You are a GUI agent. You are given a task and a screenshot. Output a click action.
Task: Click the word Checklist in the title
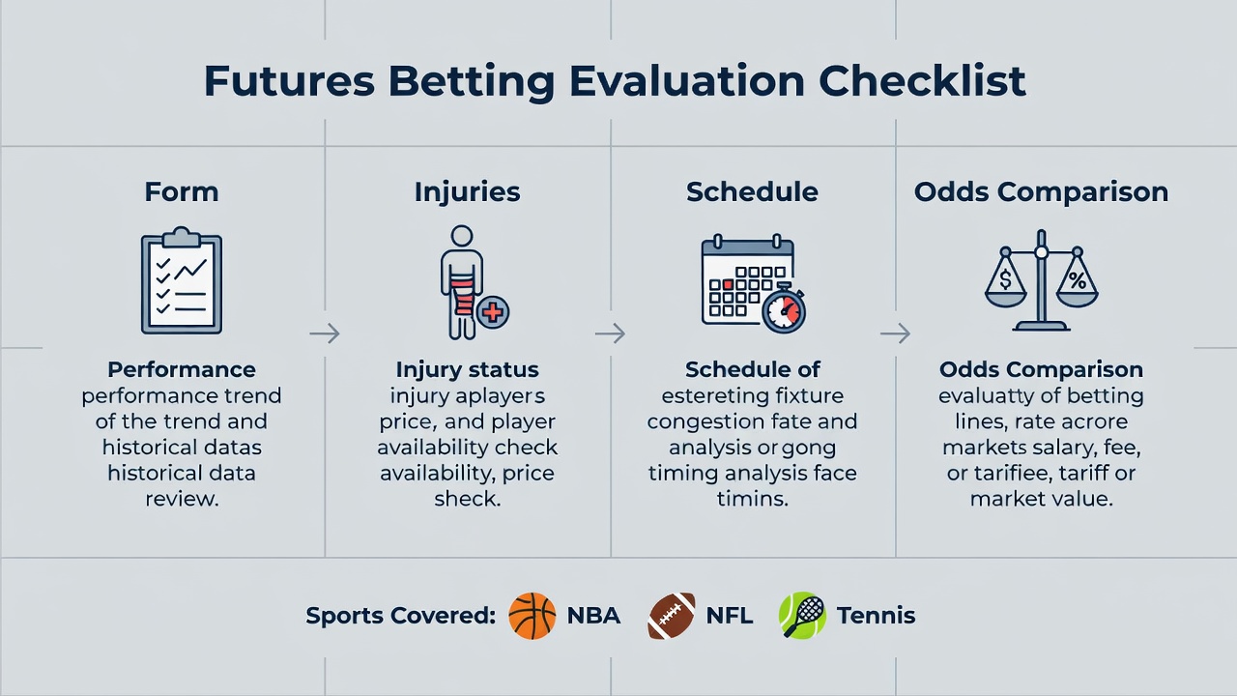[x=922, y=81]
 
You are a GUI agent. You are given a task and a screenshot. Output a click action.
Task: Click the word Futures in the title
[x=289, y=82]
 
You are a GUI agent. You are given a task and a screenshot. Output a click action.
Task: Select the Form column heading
[x=182, y=192]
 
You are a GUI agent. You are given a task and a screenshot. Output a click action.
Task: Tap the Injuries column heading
[x=467, y=192]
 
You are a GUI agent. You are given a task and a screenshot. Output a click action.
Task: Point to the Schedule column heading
[x=752, y=192]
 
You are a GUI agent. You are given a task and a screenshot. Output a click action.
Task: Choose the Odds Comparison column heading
[x=1041, y=192]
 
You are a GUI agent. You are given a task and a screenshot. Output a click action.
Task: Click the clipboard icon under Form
[x=182, y=280]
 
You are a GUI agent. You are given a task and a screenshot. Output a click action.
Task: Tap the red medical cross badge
[x=492, y=312]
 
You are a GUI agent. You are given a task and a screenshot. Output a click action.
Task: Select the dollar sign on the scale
[x=1006, y=279]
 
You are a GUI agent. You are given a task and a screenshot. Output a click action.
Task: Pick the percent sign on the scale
[x=1077, y=280]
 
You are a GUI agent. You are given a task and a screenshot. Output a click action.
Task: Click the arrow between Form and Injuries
[x=325, y=333]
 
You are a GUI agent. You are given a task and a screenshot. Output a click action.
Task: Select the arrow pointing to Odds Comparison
[x=895, y=333]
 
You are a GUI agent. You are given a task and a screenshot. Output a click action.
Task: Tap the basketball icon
[x=532, y=616]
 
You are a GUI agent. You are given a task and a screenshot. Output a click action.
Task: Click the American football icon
[x=672, y=616]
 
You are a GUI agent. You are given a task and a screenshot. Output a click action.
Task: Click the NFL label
[x=730, y=616]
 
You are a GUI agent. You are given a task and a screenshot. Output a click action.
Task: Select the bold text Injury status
[x=467, y=369]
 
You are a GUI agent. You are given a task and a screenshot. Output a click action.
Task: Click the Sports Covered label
[x=401, y=616]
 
